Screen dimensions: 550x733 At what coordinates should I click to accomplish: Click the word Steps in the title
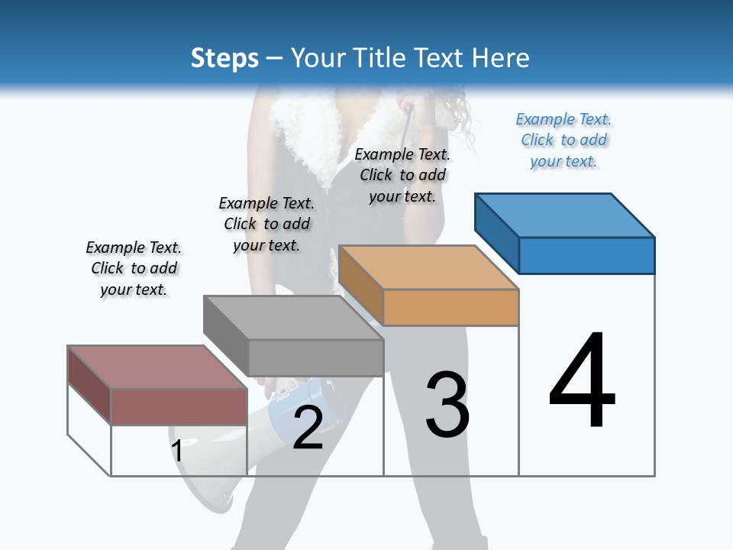tap(224, 58)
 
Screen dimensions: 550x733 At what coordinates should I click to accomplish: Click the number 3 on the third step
tap(447, 405)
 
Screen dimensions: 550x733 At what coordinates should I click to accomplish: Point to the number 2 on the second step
tap(308, 428)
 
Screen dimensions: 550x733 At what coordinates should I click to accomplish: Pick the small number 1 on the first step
tap(177, 451)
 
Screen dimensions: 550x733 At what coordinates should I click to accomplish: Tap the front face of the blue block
tap(586, 255)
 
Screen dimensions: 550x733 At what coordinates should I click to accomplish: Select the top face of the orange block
tap(428, 267)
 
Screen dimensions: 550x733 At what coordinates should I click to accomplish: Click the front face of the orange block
tap(450, 307)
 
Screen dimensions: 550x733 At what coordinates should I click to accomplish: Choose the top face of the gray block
tap(293, 318)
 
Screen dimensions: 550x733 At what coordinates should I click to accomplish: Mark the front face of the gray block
tap(315, 357)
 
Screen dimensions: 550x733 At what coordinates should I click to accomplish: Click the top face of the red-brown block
tap(157, 367)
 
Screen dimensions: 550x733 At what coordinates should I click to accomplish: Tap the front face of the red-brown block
tap(179, 406)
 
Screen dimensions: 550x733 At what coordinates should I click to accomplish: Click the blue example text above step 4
tap(563, 141)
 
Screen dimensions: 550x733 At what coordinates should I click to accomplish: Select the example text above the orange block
tap(402, 175)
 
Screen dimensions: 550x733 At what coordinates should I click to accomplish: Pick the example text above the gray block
tap(266, 224)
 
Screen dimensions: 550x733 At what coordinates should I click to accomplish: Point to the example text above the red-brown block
tap(134, 268)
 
